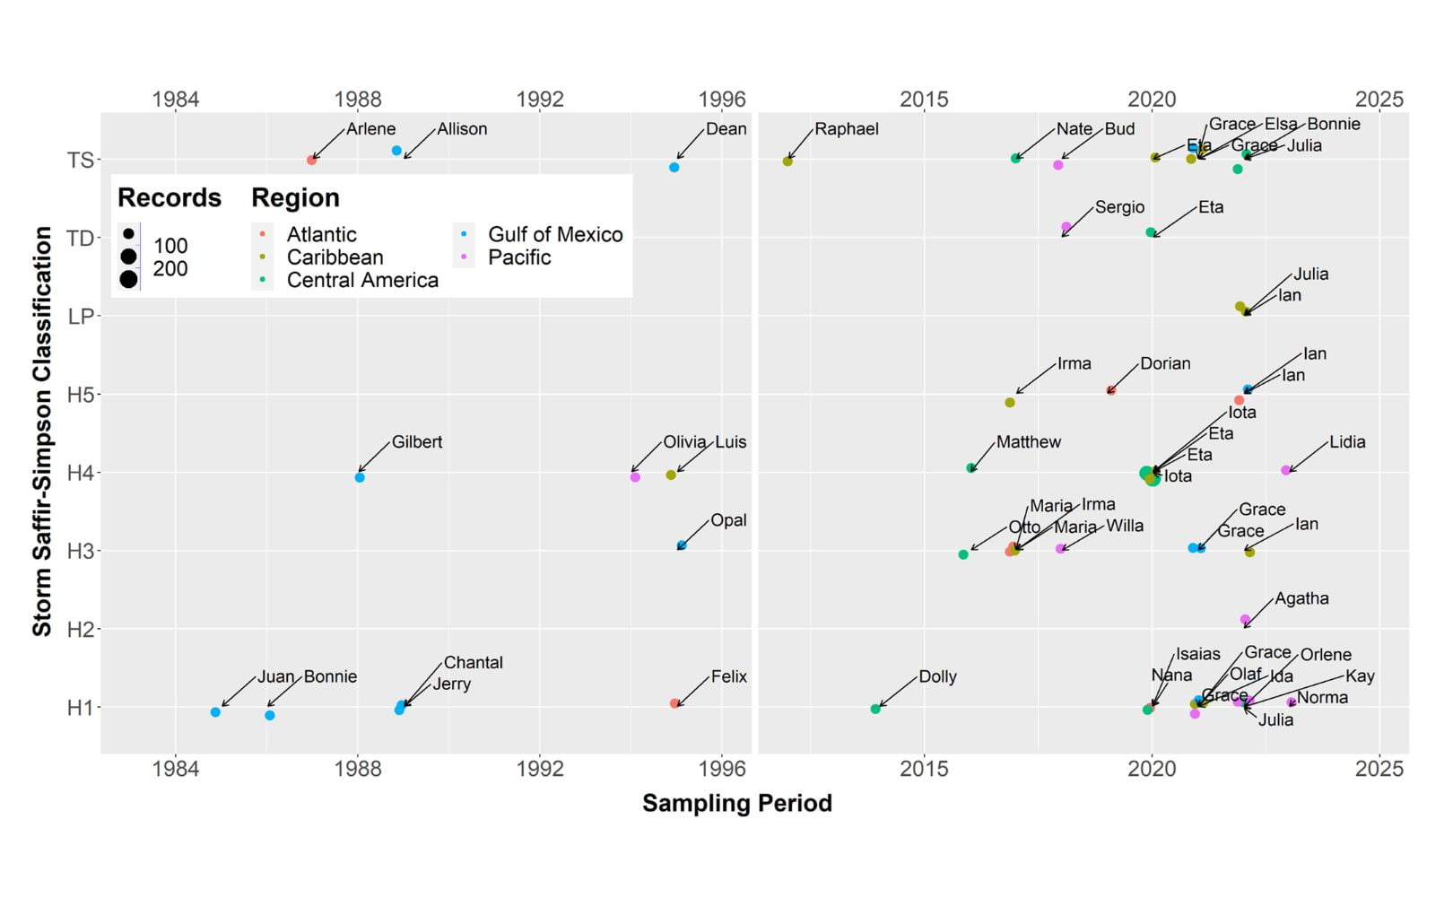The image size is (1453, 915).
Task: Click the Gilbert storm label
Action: click(x=416, y=442)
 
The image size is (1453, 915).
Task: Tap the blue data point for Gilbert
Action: click(x=360, y=477)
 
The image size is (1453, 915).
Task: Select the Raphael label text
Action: click(x=846, y=129)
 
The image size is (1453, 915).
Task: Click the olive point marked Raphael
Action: click(x=787, y=161)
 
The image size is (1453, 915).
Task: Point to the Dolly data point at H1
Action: click(x=875, y=710)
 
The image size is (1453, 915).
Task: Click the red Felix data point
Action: click(x=674, y=703)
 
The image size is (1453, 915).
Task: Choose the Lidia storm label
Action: click(x=1347, y=442)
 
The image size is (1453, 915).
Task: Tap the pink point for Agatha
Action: click(x=1245, y=620)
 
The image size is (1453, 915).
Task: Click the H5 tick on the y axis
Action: click(x=81, y=395)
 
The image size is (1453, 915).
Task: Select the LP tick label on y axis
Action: click(x=81, y=316)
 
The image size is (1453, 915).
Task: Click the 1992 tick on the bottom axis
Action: click(x=540, y=769)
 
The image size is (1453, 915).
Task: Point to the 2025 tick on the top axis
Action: click(x=1379, y=99)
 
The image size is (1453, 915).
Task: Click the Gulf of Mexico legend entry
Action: click(x=554, y=234)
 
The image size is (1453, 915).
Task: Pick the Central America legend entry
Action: click(x=362, y=280)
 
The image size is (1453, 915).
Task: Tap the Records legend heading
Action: click(x=170, y=197)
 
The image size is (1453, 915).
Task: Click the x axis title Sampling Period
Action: click(x=737, y=803)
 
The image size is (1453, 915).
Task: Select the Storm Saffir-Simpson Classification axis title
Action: click(x=42, y=431)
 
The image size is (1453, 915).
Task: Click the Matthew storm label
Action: click(x=1028, y=442)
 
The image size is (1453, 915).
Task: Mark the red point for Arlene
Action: click(x=311, y=160)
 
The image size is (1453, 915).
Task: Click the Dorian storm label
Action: click(x=1165, y=364)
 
